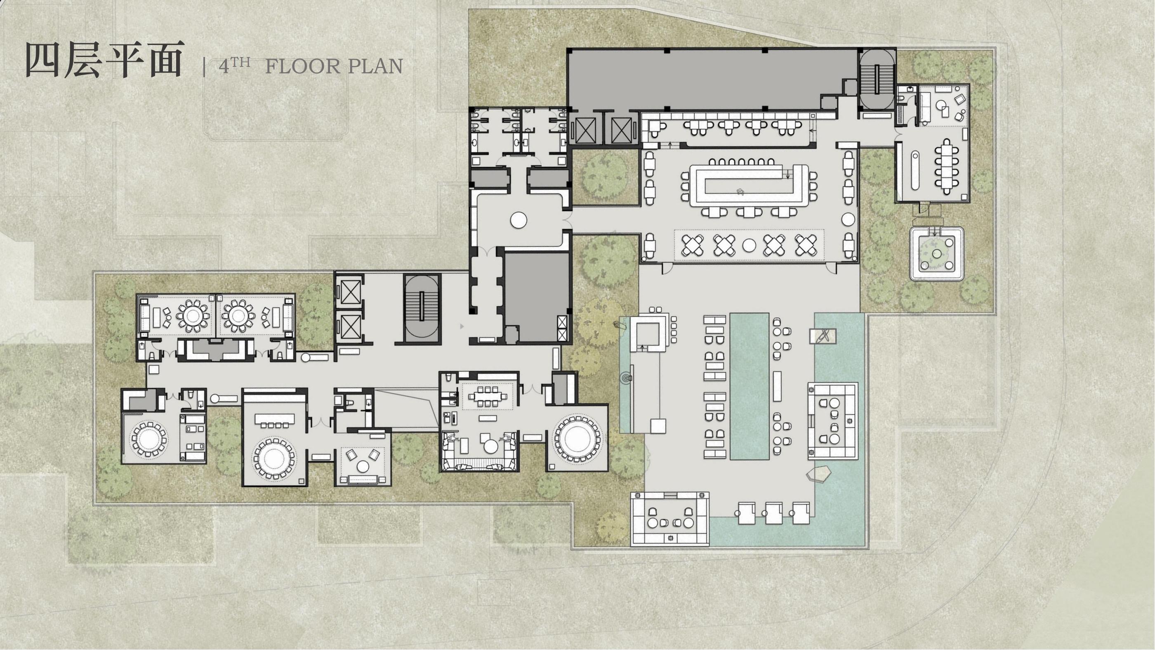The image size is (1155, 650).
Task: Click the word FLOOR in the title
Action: pyautogui.click(x=303, y=66)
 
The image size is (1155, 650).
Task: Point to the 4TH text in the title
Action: pyautogui.click(x=234, y=66)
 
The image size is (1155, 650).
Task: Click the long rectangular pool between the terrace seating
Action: pyautogui.click(x=749, y=386)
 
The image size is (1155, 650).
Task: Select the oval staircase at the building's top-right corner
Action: pyautogui.click(x=877, y=79)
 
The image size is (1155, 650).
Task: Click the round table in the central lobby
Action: pyautogui.click(x=519, y=220)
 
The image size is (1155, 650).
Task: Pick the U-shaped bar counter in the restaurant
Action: pyautogui.click(x=748, y=185)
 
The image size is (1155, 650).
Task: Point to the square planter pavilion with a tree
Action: pyautogui.click(x=936, y=253)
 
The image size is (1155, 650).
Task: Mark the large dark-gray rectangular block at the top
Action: pyautogui.click(x=712, y=79)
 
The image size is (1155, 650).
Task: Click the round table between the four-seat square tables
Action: pyautogui.click(x=749, y=245)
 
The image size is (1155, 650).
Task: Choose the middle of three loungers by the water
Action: pyautogui.click(x=774, y=513)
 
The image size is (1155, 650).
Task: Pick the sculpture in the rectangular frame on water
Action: pyautogui.click(x=823, y=336)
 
